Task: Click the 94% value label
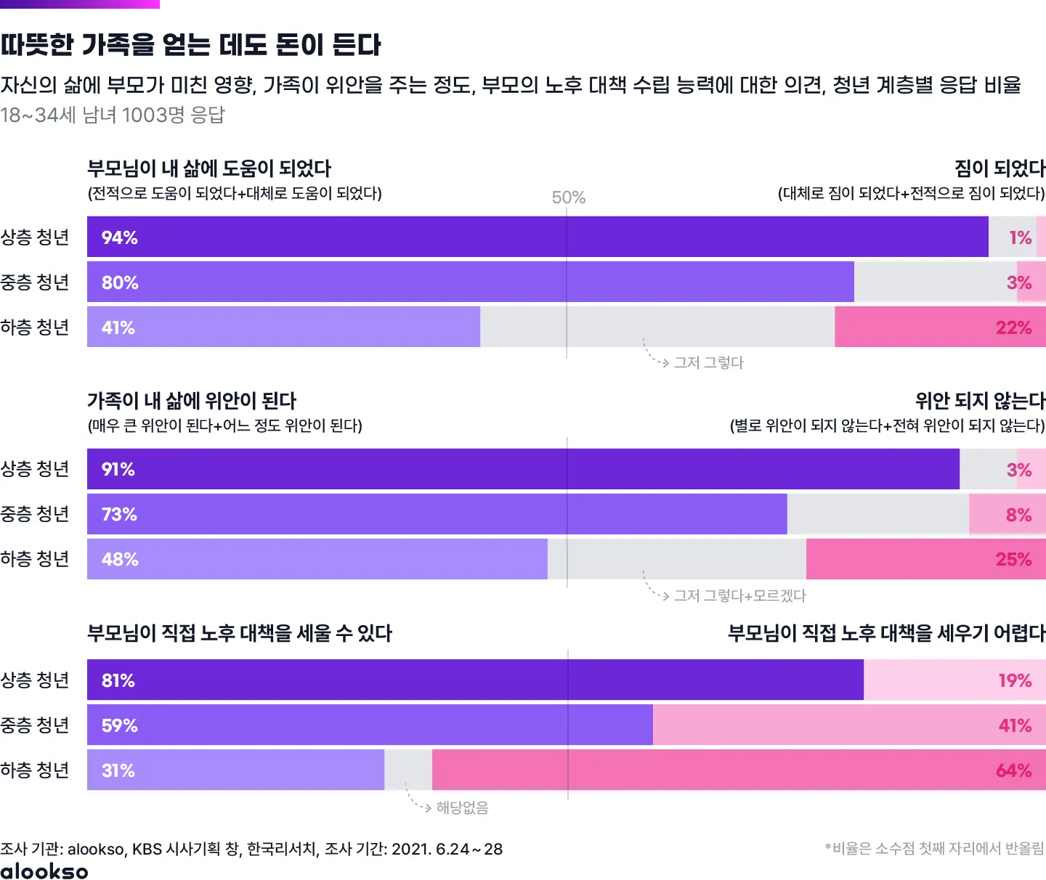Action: pyautogui.click(x=120, y=237)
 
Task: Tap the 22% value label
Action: pyautogui.click(x=1013, y=327)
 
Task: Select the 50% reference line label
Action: pyautogui.click(x=568, y=197)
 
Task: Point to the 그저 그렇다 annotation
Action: pyautogui.click(x=708, y=362)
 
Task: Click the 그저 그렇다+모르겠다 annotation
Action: pyautogui.click(x=739, y=595)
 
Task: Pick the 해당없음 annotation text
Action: pyautogui.click(x=462, y=807)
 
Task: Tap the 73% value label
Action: pyautogui.click(x=119, y=514)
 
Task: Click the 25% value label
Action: pyautogui.click(x=1013, y=559)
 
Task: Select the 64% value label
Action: pyautogui.click(x=1013, y=770)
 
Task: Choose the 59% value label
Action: pyautogui.click(x=119, y=725)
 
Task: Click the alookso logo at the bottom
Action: pyautogui.click(x=44, y=871)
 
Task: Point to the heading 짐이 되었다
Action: pyautogui.click(x=1000, y=168)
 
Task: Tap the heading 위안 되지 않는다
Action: pyautogui.click(x=980, y=401)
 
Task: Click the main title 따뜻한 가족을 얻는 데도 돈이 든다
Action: pyautogui.click(x=190, y=45)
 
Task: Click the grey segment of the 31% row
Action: pyautogui.click(x=408, y=770)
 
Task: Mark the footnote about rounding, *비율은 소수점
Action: pyautogui.click(x=934, y=848)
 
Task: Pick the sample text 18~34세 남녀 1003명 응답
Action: pyautogui.click(x=113, y=115)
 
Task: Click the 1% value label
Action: pyautogui.click(x=1020, y=237)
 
